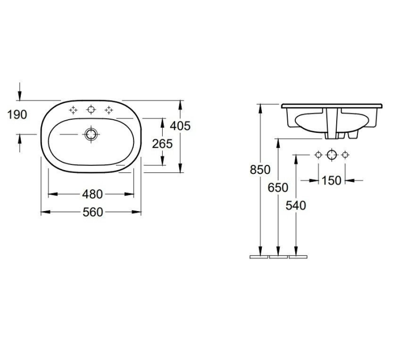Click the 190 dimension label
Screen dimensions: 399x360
pyautogui.click(x=17, y=114)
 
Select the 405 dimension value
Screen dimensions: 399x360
pyautogui.click(x=180, y=125)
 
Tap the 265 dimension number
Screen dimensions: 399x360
pyautogui.click(x=162, y=144)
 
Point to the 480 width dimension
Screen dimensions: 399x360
pyautogui.click(x=93, y=195)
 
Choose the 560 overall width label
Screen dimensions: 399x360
pyautogui.click(x=93, y=212)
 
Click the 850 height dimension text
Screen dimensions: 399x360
pyautogui.click(x=260, y=170)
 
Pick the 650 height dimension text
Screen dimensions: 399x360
pyautogui.click(x=278, y=188)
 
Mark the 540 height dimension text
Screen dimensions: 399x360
pyautogui.click(x=296, y=206)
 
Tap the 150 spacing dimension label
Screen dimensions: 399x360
pyautogui.click(x=331, y=181)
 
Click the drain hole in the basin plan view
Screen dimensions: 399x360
pyautogui.click(x=91, y=134)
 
